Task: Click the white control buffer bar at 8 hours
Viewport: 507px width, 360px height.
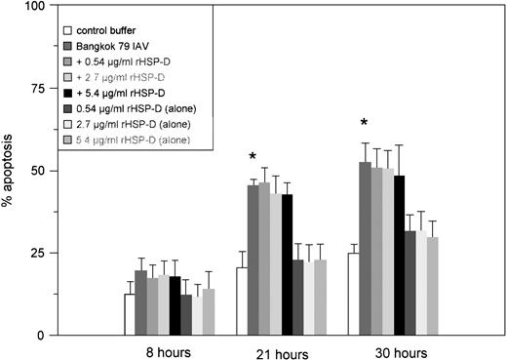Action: pos(129,314)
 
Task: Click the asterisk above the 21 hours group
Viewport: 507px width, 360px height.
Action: pos(253,157)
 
